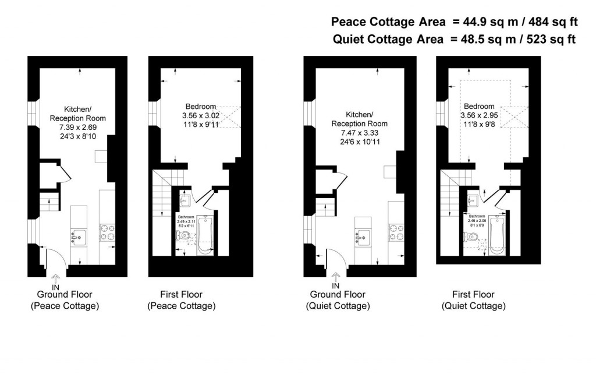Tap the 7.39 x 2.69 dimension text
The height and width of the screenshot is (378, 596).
[78, 127]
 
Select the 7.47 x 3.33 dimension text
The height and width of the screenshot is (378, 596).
[359, 132]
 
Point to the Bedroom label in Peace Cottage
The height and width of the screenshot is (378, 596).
[201, 107]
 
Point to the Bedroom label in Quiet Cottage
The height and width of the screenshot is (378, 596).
[479, 107]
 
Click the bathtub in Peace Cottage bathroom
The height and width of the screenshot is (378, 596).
[205, 235]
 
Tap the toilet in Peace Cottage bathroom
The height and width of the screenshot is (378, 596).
[184, 236]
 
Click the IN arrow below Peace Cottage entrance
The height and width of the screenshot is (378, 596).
[56, 281]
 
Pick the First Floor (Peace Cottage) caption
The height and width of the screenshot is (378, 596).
[181, 300]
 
